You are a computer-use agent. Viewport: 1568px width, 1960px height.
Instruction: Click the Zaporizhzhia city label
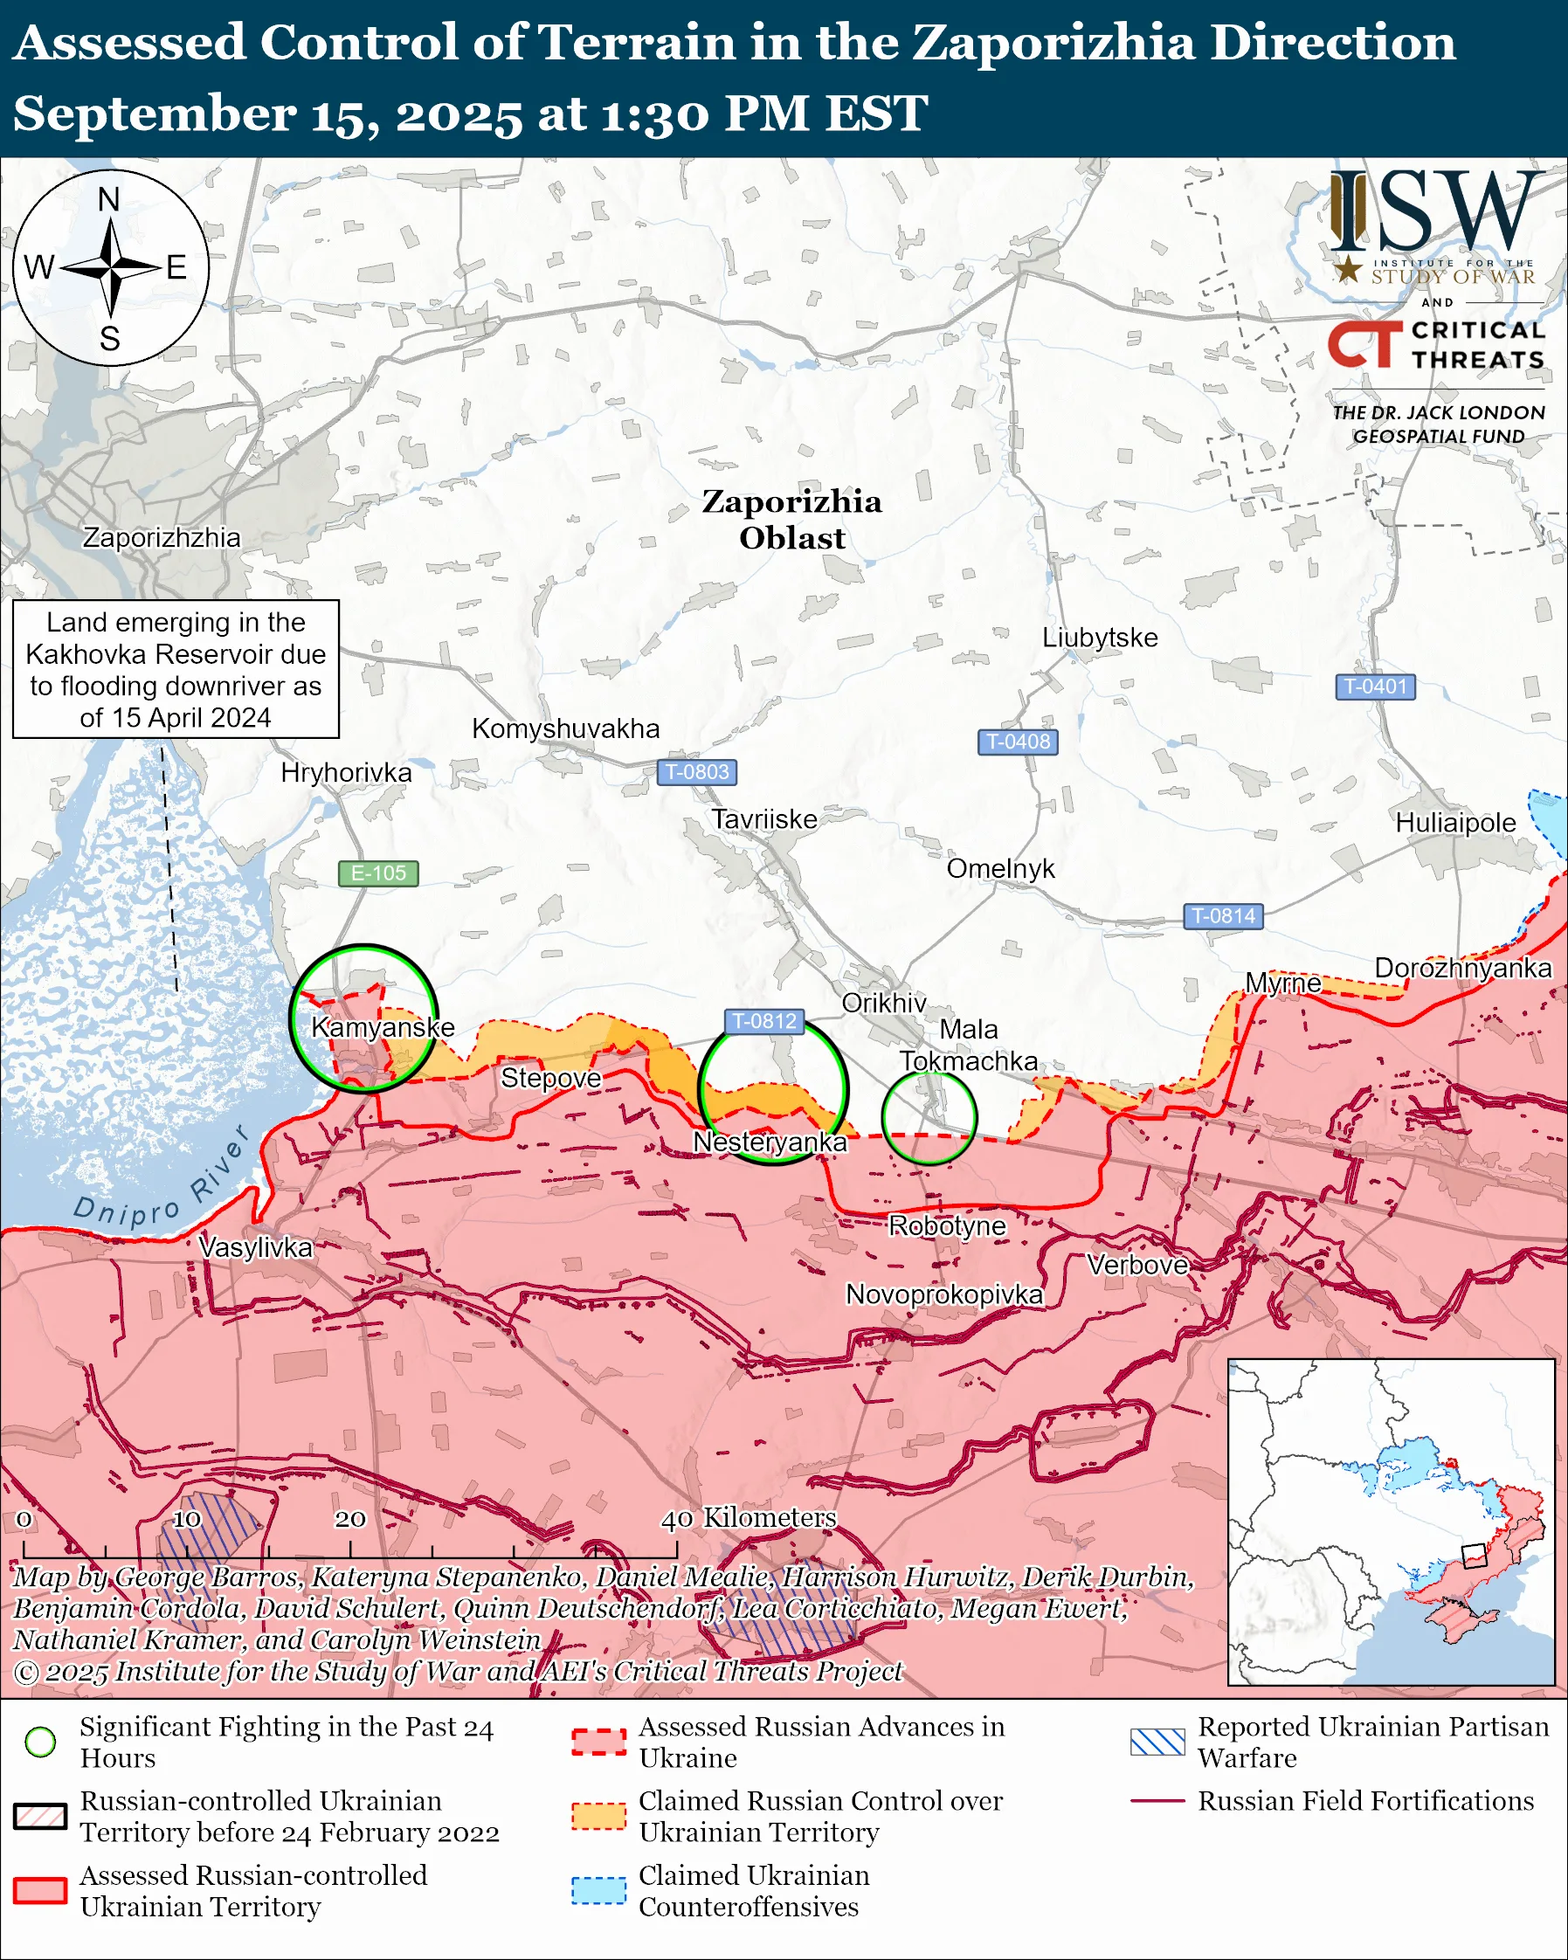[x=162, y=537]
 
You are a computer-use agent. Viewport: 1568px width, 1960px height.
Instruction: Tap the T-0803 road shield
[x=696, y=772]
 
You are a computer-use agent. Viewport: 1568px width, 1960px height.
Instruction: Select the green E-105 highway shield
[x=378, y=873]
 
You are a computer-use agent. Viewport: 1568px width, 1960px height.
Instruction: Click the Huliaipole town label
[x=1455, y=823]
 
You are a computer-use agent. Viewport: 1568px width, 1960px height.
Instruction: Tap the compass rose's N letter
[x=109, y=199]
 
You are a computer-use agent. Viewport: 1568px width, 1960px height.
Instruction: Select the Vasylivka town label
[x=255, y=1247]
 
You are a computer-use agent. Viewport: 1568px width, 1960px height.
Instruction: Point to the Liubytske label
[x=1100, y=638]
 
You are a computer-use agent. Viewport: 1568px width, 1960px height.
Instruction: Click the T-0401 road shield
[x=1374, y=687]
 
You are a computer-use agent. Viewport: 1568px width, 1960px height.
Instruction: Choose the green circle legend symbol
[x=40, y=1742]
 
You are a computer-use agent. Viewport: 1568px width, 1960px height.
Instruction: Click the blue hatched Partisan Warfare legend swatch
[x=1157, y=1742]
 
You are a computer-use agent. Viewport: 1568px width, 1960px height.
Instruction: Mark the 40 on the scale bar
[x=676, y=1519]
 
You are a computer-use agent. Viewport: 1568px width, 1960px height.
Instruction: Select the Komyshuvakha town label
[x=565, y=728]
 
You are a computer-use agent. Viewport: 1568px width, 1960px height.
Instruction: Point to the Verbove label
[x=1138, y=1265]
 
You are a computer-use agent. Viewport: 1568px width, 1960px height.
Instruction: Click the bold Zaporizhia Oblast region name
[x=791, y=519]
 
